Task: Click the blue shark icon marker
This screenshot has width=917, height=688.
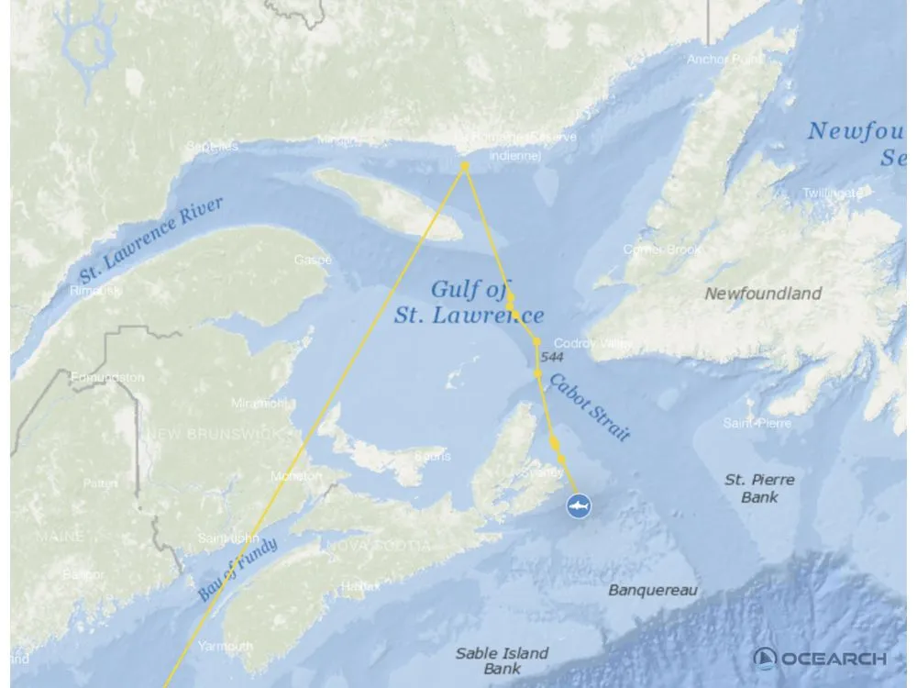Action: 578,505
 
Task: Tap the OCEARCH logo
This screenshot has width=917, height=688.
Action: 820,659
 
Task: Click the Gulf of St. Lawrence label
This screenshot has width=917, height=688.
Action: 469,304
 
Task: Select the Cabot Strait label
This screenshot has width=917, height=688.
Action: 590,407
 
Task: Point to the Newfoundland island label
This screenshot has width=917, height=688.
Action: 763,294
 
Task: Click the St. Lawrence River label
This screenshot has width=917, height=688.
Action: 151,239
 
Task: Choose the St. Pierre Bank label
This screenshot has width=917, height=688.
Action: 759,488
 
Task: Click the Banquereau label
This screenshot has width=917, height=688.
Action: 653,590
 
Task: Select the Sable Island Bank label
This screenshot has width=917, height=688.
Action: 502,660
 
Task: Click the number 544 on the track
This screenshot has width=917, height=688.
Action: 552,357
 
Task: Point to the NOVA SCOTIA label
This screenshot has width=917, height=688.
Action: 377,545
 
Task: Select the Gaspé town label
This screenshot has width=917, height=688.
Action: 312,261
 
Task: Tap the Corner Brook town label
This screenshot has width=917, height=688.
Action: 662,250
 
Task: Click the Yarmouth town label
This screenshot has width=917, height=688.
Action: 226,647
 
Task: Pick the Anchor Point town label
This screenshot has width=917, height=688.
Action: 725,60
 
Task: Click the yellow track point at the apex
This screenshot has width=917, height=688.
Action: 465,166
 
